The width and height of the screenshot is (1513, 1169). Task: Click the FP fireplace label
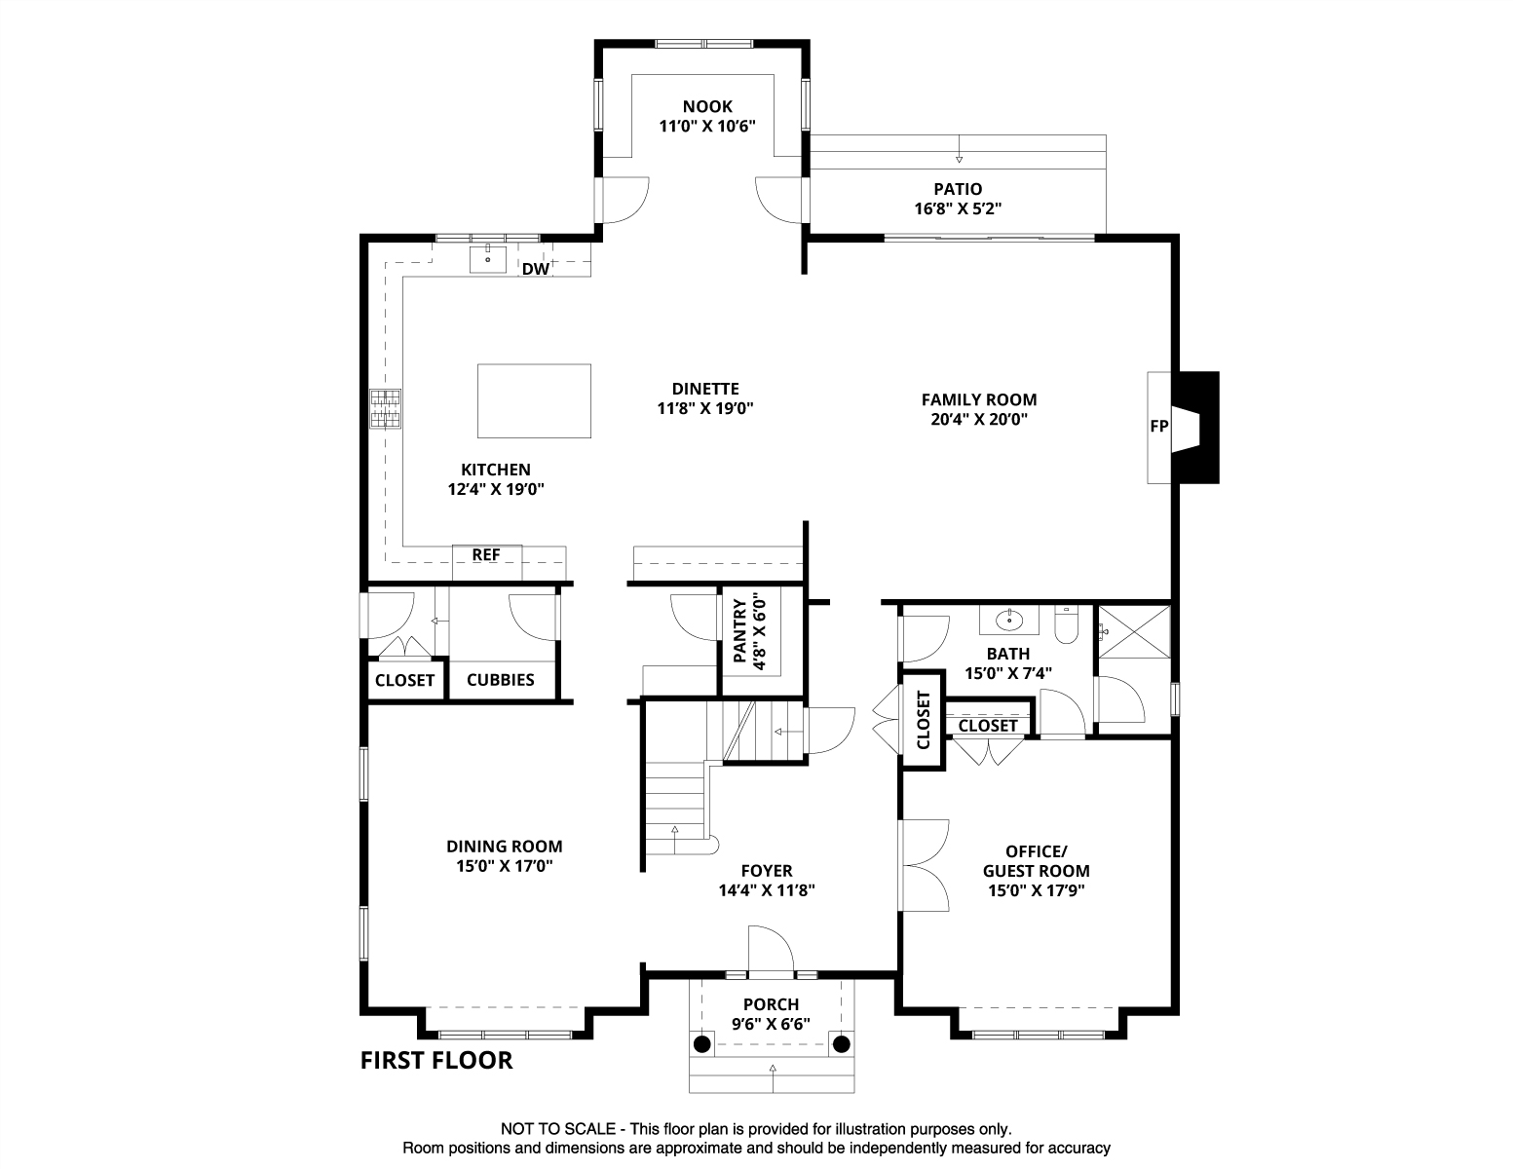tap(1158, 427)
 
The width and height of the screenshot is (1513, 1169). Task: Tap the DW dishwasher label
tap(535, 269)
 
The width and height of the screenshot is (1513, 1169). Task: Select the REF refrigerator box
tap(486, 555)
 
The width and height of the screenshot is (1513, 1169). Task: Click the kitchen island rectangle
tap(534, 400)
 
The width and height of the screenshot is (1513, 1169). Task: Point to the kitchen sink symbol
tap(487, 259)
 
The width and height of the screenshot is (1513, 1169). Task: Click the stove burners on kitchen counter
tap(385, 409)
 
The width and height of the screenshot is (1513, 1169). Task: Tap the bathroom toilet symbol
tap(1067, 624)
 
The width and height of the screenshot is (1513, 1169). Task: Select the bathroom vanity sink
tap(1010, 619)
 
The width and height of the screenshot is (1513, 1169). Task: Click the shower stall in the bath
tap(1134, 632)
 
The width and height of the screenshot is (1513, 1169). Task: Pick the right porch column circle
tap(842, 1044)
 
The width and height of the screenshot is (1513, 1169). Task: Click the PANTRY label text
tap(739, 632)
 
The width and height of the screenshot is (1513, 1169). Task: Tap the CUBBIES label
tap(501, 680)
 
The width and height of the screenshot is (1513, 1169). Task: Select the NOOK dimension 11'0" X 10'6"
tap(707, 127)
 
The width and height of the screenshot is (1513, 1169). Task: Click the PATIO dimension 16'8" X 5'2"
tap(958, 208)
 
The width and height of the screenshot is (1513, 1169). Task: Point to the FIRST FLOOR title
tap(436, 1060)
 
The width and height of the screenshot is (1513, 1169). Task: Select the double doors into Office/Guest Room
tap(924, 864)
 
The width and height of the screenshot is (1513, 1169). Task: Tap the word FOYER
tap(767, 871)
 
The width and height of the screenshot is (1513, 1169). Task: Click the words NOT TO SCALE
tap(558, 1129)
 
